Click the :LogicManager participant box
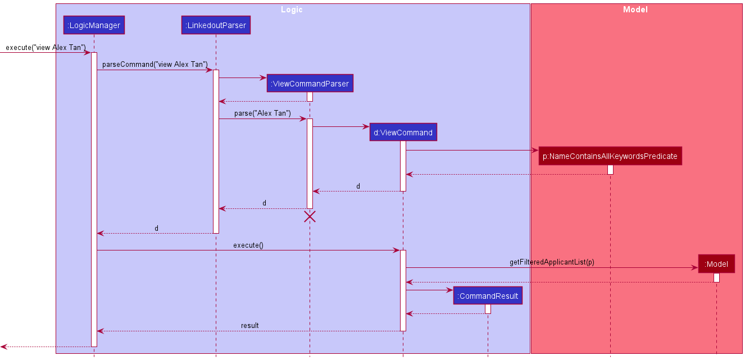pos(94,25)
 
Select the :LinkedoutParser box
pos(216,25)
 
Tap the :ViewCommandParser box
pos(310,84)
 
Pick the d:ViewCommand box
pos(403,133)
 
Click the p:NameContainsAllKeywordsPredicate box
pos(610,156)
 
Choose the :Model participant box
pos(716,264)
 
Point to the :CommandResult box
pos(488,296)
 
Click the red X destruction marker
pos(310,217)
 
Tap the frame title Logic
pos(292,10)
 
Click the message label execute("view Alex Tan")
pos(46,47)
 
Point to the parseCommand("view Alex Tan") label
pos(155,65)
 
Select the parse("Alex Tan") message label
pos(262,113)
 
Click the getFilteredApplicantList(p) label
pos(552,262)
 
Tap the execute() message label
pos(248,245)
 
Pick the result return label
pos(250,325)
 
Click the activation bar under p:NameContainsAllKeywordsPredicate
pos(610,170)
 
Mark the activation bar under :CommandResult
pos(488,309)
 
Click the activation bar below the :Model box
pos(716,277)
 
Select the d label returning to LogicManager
pos(156,229)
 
